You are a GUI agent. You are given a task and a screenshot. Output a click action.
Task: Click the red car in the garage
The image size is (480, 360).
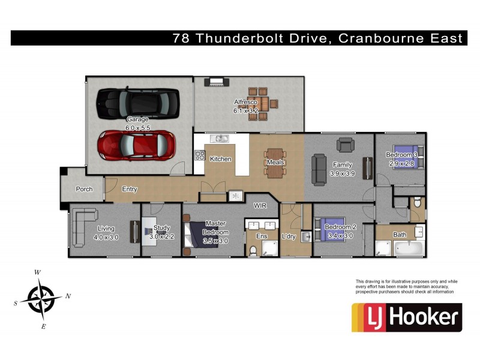coord(137,144)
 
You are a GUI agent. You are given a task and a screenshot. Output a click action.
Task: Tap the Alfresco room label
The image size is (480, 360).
coord(245,103)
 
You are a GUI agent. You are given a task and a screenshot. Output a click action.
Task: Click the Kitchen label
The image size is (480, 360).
coord(220,159)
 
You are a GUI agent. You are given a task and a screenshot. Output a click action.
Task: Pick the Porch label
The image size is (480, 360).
coord(84,189)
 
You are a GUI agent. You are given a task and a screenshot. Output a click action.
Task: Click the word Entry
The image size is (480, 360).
coord(130,189)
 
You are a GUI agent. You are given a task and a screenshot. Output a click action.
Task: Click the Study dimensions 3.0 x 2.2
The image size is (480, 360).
coord(161,236)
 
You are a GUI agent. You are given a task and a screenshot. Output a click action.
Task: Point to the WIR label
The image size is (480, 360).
coord(260,205)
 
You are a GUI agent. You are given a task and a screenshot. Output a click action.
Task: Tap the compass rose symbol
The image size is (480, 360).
coord(41,298)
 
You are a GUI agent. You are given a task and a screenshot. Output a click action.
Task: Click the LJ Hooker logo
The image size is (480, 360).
coord(406,317)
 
